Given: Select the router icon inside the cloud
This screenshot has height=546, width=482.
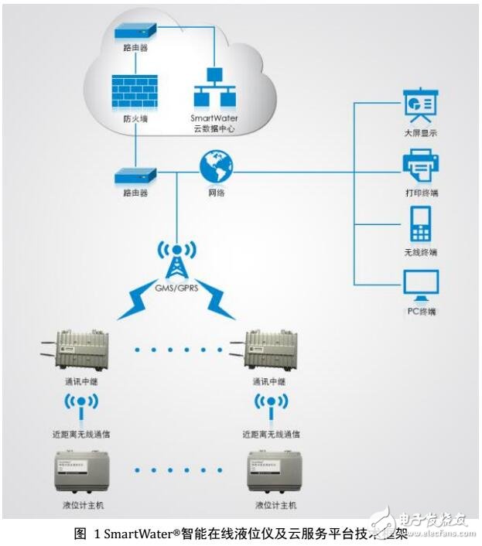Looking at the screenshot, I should tap(135, 31).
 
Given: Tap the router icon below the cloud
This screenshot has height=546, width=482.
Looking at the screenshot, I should tap(135, 175).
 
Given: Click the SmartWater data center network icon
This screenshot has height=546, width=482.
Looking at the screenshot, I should tap(213, 90).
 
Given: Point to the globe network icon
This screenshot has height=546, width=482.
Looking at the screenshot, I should tap(216, 166).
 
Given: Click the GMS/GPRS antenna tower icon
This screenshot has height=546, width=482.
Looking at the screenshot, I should tap(177, 260).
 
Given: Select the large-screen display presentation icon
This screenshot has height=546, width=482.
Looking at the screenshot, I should tap(420, 105).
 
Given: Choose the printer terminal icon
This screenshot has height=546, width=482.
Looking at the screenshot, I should tap(420, 165).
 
